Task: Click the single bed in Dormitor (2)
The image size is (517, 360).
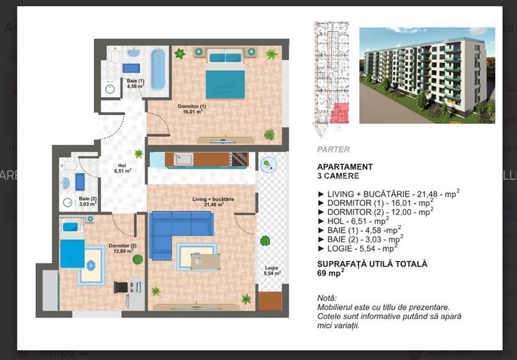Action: pyautogui.click(x=72, y=244)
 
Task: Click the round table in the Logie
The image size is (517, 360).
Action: pyautogui.click(x=268, y=164)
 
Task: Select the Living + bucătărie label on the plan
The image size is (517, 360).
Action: pyautogui.click(x=213, y=201)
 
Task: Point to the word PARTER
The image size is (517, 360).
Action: pyautogui.click(x=333, y=150)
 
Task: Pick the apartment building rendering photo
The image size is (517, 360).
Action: pyautogui.click(x=426, y=75)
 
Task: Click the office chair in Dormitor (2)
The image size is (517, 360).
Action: pyautogui.click(x=121, y=287)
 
